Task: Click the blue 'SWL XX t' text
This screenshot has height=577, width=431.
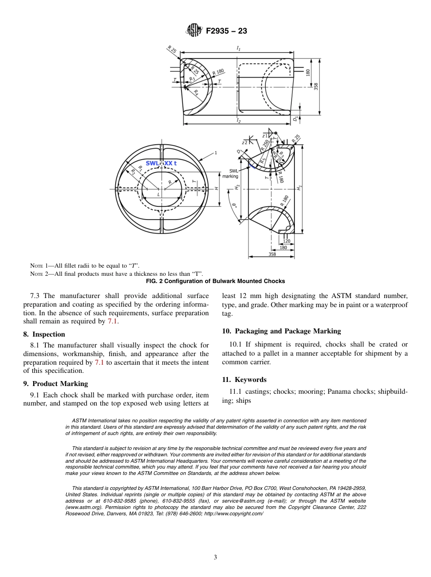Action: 161,163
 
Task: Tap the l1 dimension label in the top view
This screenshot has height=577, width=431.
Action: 238,48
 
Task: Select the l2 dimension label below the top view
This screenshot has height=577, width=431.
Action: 238,121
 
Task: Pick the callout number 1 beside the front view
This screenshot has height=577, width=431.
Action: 215,153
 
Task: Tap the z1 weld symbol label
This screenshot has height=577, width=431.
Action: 264,135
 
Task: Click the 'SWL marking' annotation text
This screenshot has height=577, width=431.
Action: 230,174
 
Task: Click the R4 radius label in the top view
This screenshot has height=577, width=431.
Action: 196,93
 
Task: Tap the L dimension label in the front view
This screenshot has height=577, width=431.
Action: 158,195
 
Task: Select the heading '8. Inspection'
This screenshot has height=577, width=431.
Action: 44,334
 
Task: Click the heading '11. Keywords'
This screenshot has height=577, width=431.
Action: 244,380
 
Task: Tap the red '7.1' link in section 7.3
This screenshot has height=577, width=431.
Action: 113,321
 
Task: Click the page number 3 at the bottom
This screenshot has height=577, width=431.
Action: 215,557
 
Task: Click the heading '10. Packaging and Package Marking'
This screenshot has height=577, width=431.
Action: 281,331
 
